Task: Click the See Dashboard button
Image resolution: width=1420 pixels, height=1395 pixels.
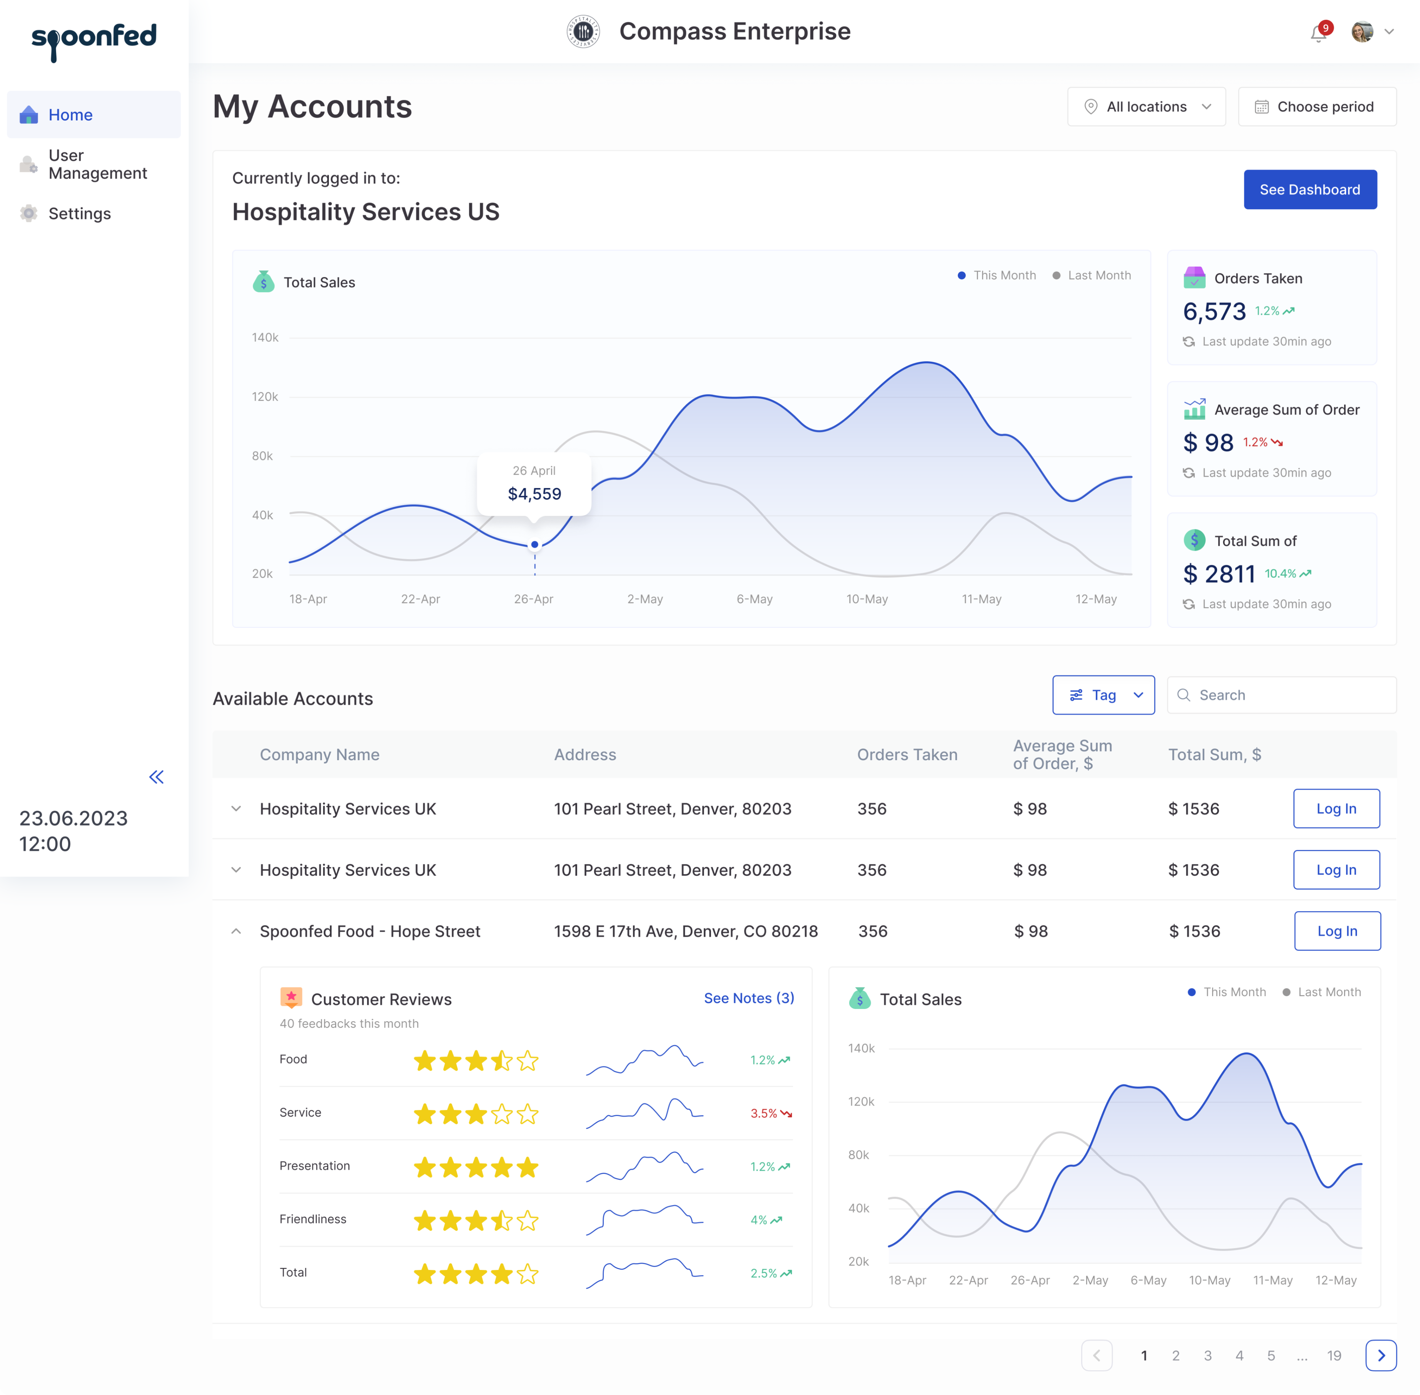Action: pyautogui.click(x=1309, y=190)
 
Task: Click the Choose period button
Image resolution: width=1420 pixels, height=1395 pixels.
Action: pyautogui.click(x=1317, y=107)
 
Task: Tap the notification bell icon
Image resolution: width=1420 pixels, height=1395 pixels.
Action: pyautogui.click(x=1318, y=33)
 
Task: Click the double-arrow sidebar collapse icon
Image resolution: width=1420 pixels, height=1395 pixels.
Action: pyautogui.click(x=156, y=777)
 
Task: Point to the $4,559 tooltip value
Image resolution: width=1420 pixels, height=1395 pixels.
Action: pyautogui.click(x=534, y=494)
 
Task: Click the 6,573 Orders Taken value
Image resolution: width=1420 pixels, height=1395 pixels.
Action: pyautogui.click(x=1214, y=312)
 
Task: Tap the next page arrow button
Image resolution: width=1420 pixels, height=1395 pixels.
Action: pyautogui.click(x=1380, y=1355)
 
